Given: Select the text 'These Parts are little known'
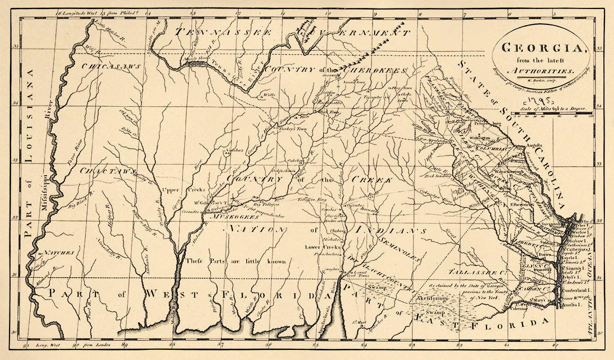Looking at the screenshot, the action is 236,261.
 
